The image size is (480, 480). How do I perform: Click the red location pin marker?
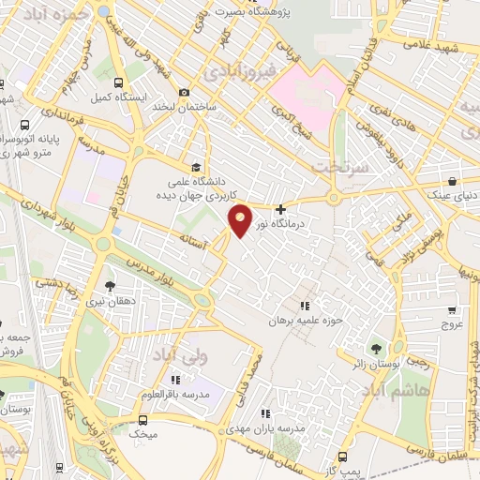pos(241,219)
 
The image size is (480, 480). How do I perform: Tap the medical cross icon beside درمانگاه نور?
pos(280,208)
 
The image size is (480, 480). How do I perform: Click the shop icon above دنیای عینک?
pos(452,181)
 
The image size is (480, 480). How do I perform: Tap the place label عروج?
pos(453,323)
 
